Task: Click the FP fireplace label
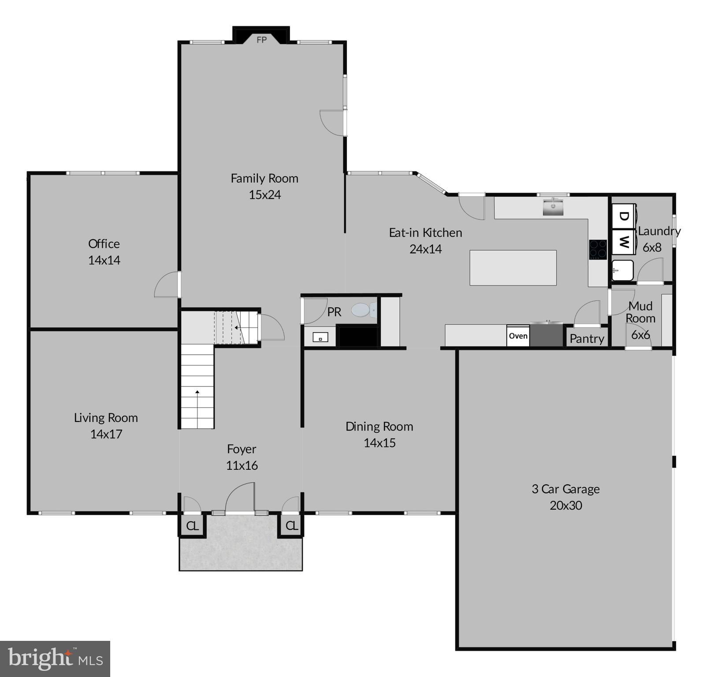pyautogui.click(x=261, y=40)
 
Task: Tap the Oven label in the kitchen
pyautogui.click(x=518, y=336)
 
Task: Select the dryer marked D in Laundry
pyautogui.click(x=623, y=216)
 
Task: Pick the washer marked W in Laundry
pyautogui.click(x=623, y=242)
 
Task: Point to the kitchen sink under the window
pyautogui.click(x=553, y=207)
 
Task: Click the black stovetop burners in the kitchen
pyautogui.click(x=598, y=249)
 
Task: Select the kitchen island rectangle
pyautogui.click(x=513, y=268)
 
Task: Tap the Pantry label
pyautogui.click(x=587, y=338)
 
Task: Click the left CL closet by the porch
pyautogui.click(x=192, y=525)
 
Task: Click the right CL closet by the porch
pyautogui.click(x=291, y=525)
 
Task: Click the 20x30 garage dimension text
pyautogui.click(x=565, y=505)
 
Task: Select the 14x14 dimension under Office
pyautogui.click(x=104, y=260)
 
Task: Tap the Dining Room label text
pyautogui.click(x=379, y=426)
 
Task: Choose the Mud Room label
pyautogui.click(x=640, y=312)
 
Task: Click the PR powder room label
pyautogui.click(x=334, y=312)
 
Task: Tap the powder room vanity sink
pyautogui.click(x=320, y=338)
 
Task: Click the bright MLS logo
pyautogui.click(x=55, y=658)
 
